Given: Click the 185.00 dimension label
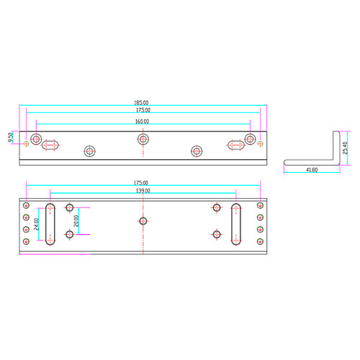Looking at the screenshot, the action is click(141, 102).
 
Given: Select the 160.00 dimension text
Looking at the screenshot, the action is click(142, 122).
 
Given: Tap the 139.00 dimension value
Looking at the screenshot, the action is click(143, 191).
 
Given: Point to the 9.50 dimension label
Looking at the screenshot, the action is click(11, 138).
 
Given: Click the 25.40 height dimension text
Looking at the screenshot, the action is click(345, 148).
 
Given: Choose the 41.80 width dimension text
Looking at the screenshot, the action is click(312, 170).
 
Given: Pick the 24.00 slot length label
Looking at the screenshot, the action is click(36, 224).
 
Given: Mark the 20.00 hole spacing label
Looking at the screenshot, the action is click(76, 221).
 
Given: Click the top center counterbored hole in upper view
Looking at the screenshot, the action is click(143, 139).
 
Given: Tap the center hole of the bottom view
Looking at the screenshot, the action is click(143, 221).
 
